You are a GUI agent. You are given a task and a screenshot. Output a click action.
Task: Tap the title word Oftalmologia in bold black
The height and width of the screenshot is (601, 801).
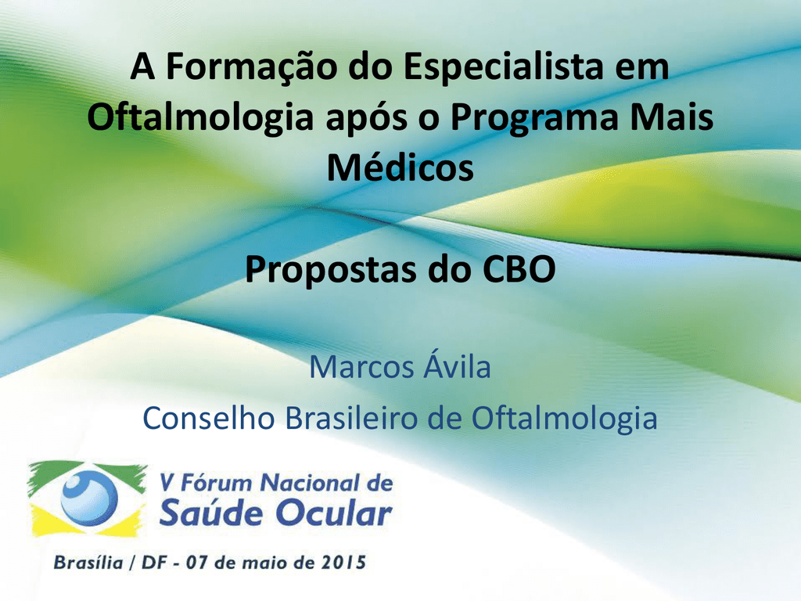[x=199, y=118]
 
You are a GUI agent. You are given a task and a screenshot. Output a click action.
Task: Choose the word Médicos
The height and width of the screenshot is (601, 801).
[x=400, y=167]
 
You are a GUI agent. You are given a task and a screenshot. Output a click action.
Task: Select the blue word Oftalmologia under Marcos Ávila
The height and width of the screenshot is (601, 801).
[x=564, y=420]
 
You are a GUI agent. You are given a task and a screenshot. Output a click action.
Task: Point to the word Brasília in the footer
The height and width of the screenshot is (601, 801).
[x=88, y=562]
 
